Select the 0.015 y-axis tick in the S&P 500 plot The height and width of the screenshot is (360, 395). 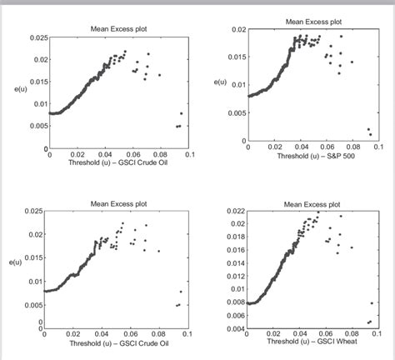[237, 57]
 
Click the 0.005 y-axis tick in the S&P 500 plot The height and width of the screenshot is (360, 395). [237, 112]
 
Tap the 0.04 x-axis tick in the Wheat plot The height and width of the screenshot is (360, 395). [299, 333]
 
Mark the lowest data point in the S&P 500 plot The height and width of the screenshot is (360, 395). [370, 132]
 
